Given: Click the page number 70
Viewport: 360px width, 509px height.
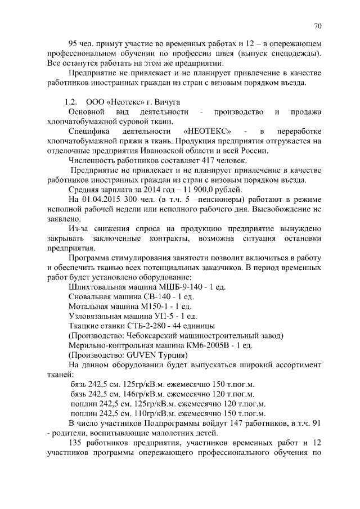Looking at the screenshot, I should (x=317, y=26).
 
